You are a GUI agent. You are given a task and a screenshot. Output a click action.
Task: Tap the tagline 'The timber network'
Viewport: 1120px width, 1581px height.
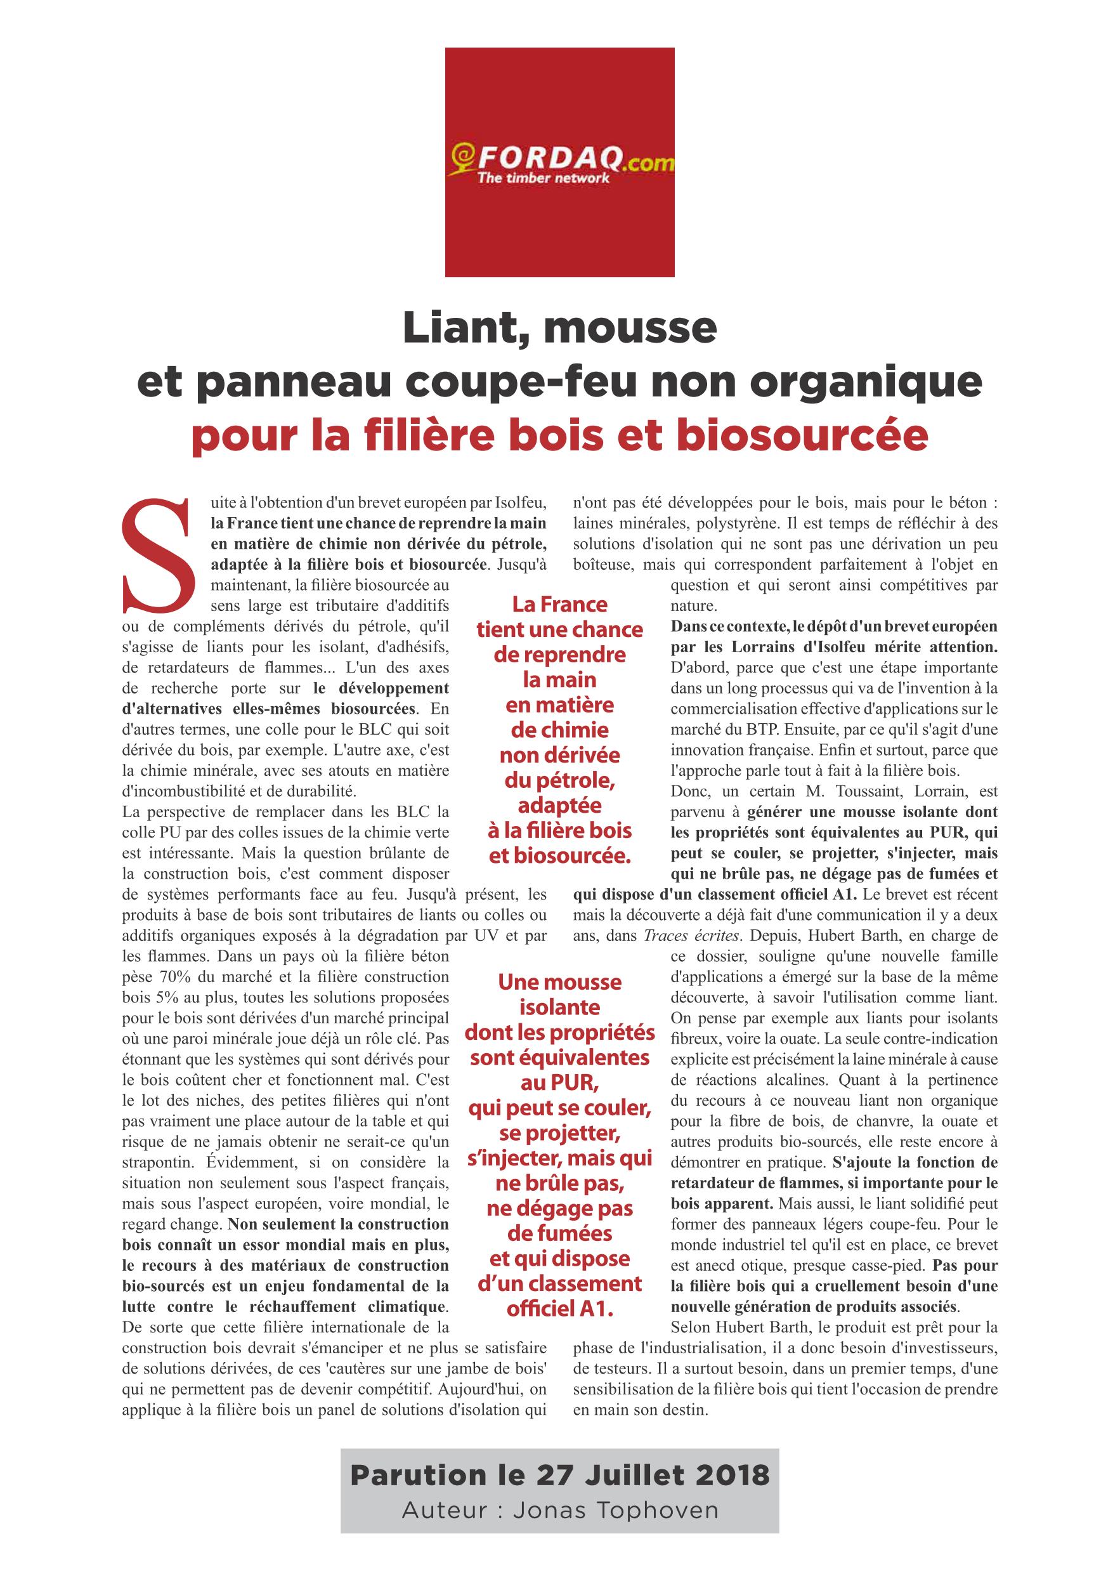click(544, 178)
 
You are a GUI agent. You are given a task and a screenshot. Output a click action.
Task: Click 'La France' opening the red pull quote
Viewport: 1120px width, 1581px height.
click(559, 605)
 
